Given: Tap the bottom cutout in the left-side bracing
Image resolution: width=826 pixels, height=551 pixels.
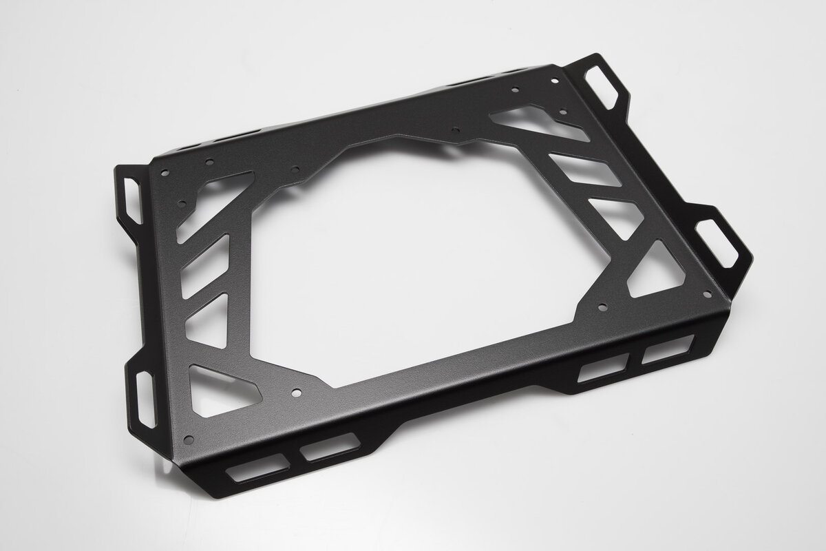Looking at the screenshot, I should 223,386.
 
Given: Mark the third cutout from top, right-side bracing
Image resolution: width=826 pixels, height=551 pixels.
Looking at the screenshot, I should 617,214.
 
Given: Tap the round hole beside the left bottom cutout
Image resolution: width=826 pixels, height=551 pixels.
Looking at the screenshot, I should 295,395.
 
